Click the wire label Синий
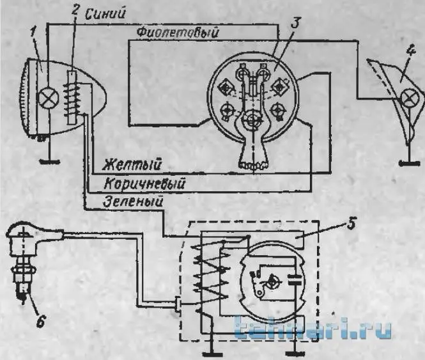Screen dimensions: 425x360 click(x=106, y=13)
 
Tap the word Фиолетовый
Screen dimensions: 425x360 click(x=178, y=33)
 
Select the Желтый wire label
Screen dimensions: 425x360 click(x=133, y=165)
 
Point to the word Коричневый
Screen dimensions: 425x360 click(x=144, y=184)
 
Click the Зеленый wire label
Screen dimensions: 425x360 click(x=133, y=202)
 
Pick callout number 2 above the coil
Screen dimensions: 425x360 click(x=75, y=11)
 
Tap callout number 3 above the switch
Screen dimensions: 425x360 click(x=295, y=23)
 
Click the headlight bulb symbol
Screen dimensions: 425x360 click(x=49, y=98)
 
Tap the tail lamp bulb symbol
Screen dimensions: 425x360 click(x=410, y=98)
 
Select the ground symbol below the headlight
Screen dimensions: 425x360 click(x=49, y=162)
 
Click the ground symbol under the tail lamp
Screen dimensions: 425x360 click(x=409, y=163)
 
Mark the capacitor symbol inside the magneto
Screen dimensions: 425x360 click(x=295, y=279)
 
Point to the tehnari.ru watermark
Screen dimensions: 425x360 click(x=313, y=329)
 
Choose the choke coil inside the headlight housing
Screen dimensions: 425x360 click(x=72, y=97)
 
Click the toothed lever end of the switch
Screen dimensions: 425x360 click(x=254, y=165)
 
